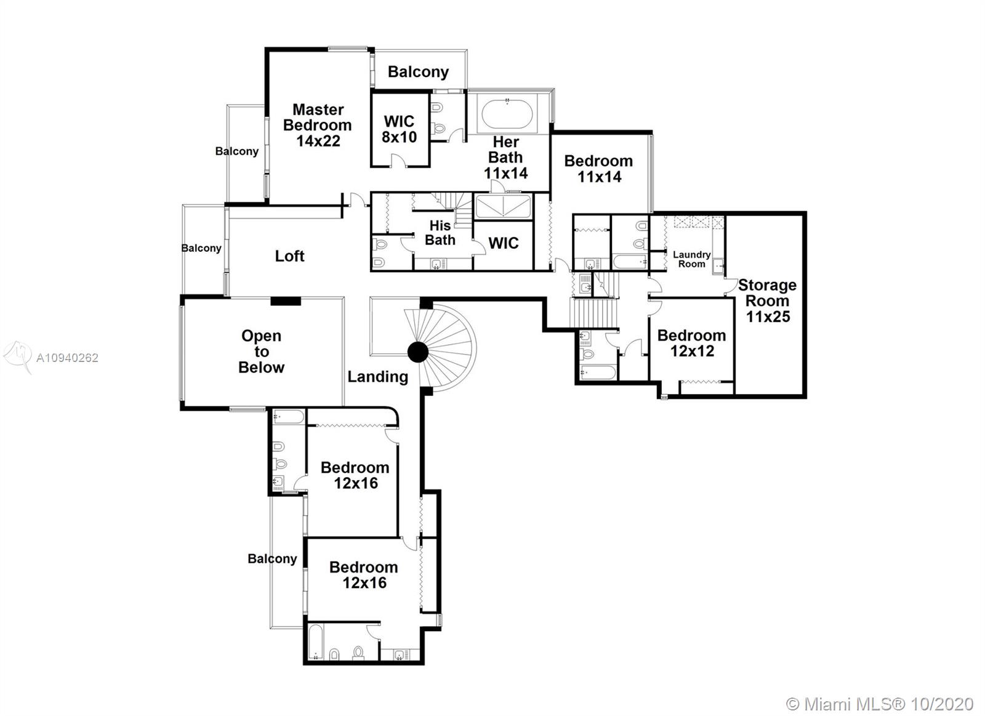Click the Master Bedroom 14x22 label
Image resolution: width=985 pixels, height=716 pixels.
(317, 125)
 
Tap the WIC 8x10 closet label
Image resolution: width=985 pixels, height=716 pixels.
(399, 129)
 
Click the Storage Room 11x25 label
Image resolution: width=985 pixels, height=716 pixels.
(767, 300)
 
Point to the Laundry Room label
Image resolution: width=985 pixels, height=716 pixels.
(691, 259)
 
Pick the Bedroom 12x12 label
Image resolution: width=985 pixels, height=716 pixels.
(691, 343)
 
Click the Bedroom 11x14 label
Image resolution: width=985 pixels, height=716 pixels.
(598, 168)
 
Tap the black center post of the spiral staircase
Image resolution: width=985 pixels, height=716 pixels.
(418, 352)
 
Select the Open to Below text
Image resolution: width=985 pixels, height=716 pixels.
(261, 352)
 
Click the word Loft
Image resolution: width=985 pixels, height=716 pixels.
(289, 255)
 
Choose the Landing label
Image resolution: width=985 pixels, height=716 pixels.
(377, 376)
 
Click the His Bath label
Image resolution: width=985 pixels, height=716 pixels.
(440, 233)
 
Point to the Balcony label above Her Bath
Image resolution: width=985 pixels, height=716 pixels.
(418, 71)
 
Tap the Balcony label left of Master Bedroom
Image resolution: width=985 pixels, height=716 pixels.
(236, 151)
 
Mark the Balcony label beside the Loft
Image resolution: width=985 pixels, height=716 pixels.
(201, 247)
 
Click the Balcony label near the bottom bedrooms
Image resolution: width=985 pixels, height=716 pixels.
(272, 558)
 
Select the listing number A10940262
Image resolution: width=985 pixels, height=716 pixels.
(67, 358)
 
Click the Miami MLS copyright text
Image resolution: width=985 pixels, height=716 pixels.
(880, 703)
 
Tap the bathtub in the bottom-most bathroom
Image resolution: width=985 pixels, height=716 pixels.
(315, 643)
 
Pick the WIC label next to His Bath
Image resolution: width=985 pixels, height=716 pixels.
(503, 243)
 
